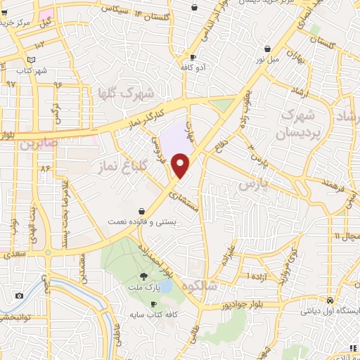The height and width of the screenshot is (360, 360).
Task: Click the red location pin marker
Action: point(181,166)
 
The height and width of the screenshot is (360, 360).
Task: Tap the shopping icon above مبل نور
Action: point(269,49)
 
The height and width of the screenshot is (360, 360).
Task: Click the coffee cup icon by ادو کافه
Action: point(193,58)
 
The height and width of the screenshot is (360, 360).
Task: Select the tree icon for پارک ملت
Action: point(145,276)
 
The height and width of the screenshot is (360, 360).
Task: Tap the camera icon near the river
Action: point(19,295)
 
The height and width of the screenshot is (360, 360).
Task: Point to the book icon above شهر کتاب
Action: point(30,60)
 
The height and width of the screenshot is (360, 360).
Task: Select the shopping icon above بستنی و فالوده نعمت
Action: point(143,210)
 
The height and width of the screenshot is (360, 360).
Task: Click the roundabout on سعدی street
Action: point(47,252)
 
